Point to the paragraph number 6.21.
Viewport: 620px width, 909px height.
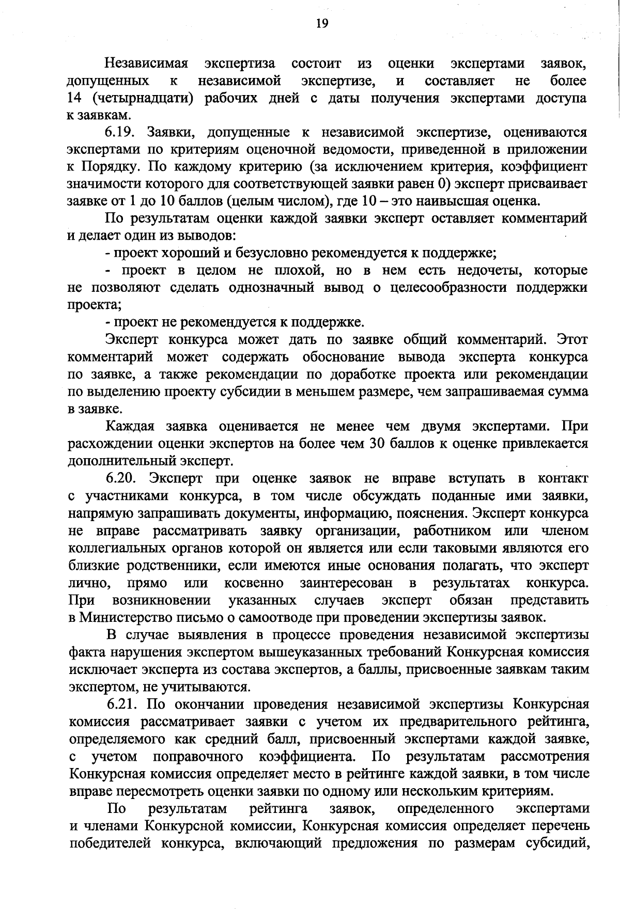point(122,704)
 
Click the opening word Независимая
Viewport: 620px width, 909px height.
point(146,64)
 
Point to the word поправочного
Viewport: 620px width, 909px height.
point(198,756)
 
